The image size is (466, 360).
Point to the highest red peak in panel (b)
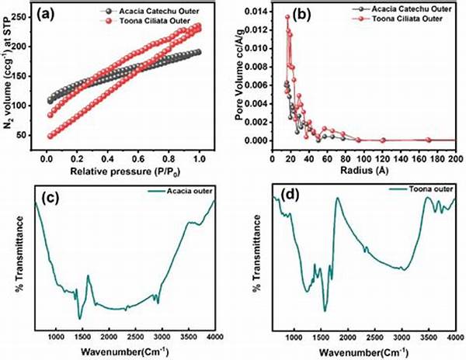pos(287,16)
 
